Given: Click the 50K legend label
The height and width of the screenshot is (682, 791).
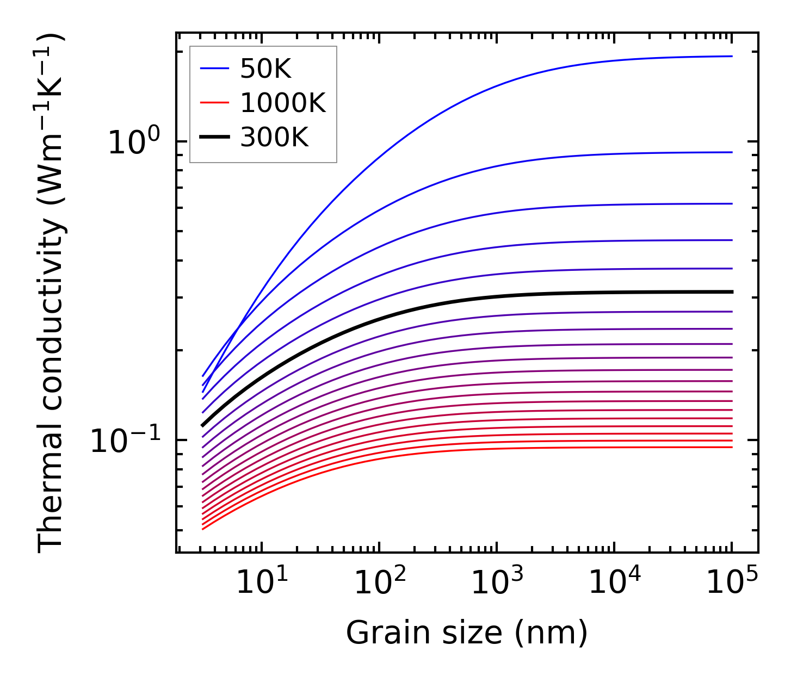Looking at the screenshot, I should pyautogui.click(x=265, y=69).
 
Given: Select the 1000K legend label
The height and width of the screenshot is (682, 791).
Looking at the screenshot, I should pyautogui.click(x=282, y=103).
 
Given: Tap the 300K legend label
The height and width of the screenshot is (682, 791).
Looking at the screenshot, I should pyautogui.click(x=274, y=138).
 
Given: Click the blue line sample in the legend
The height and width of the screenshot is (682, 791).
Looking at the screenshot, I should pyautogui.click(x=216, y=69).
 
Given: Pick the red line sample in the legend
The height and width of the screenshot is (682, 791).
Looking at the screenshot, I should pyautogui.click(x=216, y=103).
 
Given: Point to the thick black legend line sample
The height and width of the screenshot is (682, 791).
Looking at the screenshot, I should pyautogui.click(x=216, y=138).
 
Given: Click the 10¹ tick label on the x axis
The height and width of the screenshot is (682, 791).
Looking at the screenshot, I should pyautogui.click(x=262, y=583).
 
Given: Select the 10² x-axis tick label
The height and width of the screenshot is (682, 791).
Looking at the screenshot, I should pyautogui.click(x=380, y=583).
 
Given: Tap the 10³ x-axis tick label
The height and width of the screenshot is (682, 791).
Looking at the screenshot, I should pyautogui.click(x=497, y=583).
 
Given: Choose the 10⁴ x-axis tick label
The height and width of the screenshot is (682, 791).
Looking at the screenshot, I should pyautogui.click(x=615, y=583).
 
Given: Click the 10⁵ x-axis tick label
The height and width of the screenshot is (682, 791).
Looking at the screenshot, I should pyautogui.click(x=732, y=583).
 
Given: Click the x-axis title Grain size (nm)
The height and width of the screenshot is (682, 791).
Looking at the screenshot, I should pyautogui.click(x=467, y=633).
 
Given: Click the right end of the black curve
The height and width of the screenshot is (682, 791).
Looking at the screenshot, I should pyautogui.click(x=732, y=292).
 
